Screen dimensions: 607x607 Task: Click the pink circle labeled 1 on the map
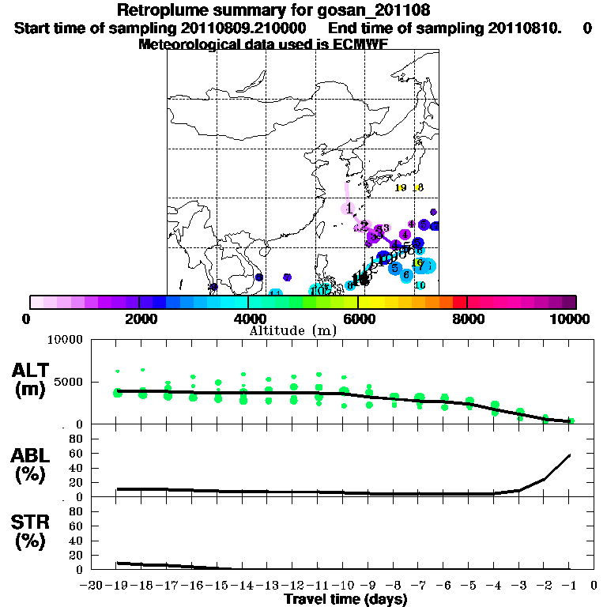tap(349, 208)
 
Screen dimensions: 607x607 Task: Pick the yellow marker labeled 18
tap(418, 187)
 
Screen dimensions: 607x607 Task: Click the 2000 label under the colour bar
tap(138, 319)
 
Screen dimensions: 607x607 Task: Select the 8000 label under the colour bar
tap(467, 319)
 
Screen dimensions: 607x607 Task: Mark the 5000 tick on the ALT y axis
tap(72, 382)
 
